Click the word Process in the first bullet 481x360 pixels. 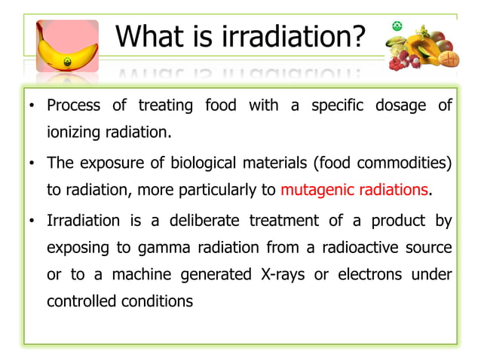[x=72, y=106]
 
